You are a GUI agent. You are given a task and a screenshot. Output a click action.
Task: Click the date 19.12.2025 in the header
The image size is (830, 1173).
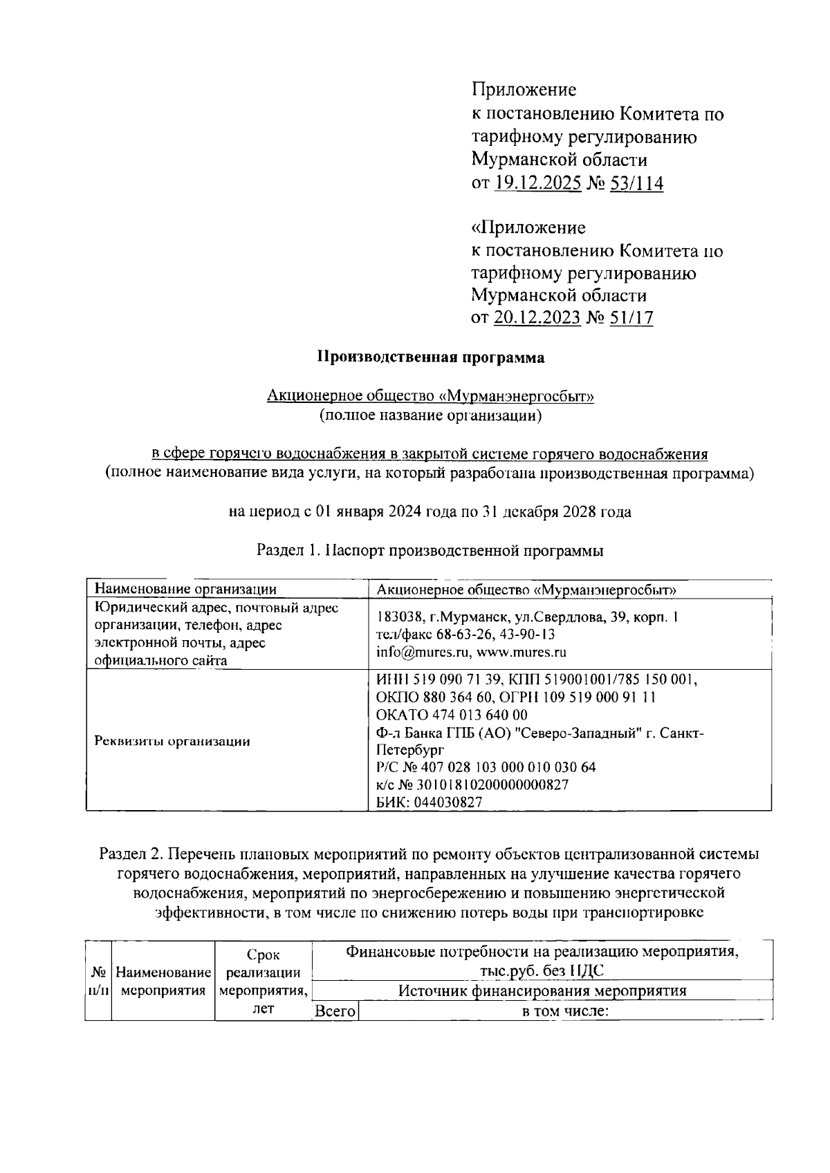(x=537, y=183)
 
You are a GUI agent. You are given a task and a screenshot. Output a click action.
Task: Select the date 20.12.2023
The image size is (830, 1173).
(x=537, y=318)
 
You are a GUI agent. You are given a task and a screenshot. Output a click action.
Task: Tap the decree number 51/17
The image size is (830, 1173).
(x=632, y=318)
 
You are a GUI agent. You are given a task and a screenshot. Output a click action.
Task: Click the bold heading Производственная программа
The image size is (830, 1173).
(x=430, y=357)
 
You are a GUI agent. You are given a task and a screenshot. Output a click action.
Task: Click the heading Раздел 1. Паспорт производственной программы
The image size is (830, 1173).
(x=430, y=551)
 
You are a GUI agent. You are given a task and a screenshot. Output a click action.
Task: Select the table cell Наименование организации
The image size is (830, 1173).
(x=185, y=589)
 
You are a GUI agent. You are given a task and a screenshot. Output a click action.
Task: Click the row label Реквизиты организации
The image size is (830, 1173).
(x=172, y=741)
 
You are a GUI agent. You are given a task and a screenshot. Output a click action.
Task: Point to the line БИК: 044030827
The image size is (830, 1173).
(x=429, y=802)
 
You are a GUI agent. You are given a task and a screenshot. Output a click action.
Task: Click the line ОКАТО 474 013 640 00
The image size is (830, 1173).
(x=452, y=715)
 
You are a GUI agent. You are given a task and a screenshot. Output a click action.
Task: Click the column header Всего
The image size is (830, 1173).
(x=335, y=1011)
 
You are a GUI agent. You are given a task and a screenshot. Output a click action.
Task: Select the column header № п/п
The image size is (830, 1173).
(x=98, y=981)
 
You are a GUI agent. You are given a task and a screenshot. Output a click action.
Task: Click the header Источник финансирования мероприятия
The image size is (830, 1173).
(x=542, y=991)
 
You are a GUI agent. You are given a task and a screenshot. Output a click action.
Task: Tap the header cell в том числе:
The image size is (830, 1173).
(x=564, y=1011)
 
